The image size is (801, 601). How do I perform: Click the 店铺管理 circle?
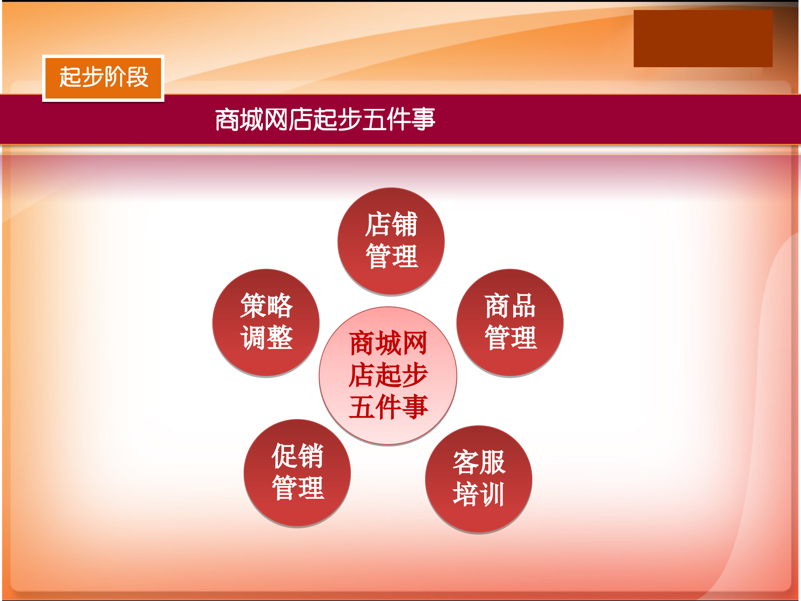[391, 241]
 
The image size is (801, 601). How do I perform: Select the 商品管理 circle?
[510, 323]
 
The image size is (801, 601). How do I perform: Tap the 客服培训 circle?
[479, 479]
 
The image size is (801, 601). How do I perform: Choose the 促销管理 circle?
[297, 472]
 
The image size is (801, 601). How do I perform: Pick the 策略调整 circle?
[266, 323]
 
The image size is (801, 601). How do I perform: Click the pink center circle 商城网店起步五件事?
[388, 376]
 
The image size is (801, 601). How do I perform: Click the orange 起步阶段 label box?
[103, 78]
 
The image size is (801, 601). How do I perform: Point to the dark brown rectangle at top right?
[703, 38]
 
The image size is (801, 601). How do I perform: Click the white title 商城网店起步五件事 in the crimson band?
[325, 119]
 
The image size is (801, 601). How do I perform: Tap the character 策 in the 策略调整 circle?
[253, 306]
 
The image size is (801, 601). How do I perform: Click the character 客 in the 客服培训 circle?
[466, 462]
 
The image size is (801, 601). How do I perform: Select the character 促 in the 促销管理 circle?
[285, 456]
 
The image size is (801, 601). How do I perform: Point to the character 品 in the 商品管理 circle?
[523, 306]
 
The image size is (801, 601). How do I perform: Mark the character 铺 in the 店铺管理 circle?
[404, 224]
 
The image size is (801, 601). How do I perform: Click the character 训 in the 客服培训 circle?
[492, 495]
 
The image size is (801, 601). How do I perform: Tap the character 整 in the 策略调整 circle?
[280, 338]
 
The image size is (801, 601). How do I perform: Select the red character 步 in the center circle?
[415, 375]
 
